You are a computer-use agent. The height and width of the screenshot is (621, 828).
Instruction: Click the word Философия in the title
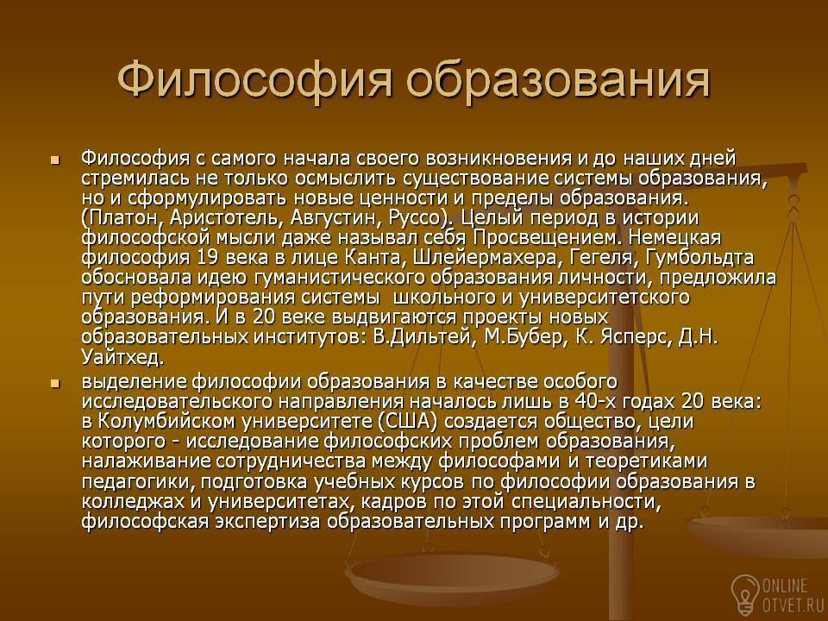coord(255,79)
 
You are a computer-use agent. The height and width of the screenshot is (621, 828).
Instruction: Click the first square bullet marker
coord(54,160)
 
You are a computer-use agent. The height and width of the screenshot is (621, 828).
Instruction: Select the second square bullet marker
coord(54,383)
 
